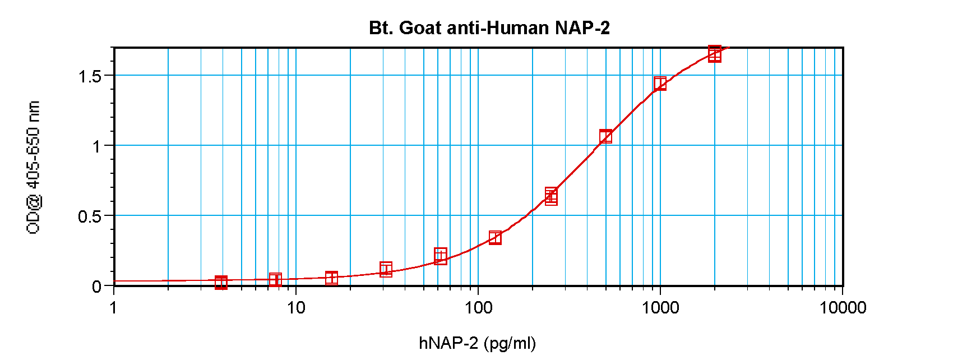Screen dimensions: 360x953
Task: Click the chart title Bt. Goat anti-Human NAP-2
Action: [489, 27]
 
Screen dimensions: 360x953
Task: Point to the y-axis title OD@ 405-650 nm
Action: [34, 167]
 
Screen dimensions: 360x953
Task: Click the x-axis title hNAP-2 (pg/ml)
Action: [477, 343]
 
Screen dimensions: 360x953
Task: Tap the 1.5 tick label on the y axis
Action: [90, 76]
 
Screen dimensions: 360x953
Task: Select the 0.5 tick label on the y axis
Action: [90, 216]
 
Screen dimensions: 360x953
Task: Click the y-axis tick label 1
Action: [96, 146]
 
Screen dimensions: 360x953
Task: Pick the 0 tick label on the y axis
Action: [96, 287]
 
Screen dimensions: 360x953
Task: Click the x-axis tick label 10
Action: [295, 307]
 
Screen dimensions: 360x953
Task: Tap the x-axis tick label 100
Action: [478, 307]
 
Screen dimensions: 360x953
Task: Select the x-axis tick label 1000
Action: [660, 307]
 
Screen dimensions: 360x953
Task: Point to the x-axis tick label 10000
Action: [843, 307]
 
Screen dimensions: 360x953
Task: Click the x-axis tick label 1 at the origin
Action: [114, 307]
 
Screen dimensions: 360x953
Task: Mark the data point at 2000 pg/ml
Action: [714, 54]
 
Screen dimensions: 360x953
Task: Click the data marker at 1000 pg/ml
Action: [660, 84]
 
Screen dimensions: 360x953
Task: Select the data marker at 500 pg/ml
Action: [605, 136]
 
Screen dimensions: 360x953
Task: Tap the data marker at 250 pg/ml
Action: [551, 196]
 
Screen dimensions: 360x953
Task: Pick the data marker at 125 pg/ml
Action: [495, 238]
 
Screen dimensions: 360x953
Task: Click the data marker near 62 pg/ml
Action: [441, 256]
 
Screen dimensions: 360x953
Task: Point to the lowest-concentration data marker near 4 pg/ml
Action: [221, 282]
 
